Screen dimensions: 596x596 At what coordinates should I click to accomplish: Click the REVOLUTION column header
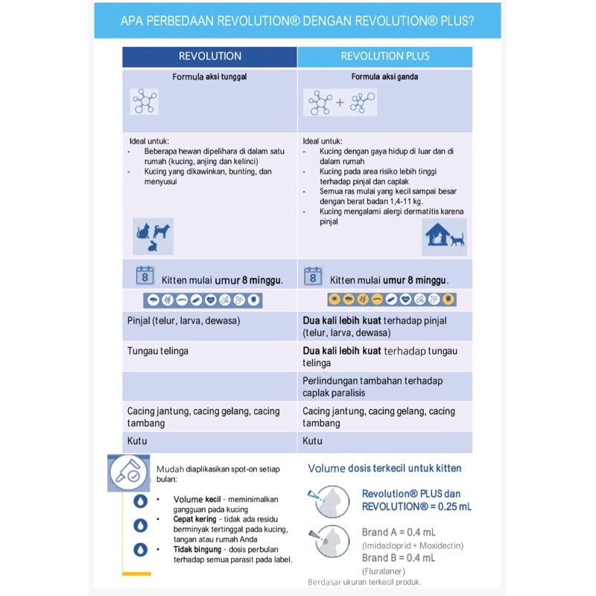point(210,56)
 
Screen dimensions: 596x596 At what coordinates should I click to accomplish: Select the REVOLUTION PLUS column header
point(385,56)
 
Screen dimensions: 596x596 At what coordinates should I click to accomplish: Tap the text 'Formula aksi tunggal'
point(209,77)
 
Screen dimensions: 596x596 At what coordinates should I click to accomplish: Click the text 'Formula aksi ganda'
point(384,77)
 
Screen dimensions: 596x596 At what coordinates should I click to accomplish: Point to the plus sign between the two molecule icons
point(340,102)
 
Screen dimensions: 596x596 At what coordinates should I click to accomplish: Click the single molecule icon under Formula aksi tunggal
point(144,101)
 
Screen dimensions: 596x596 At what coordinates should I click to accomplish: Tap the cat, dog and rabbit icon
point(153,235)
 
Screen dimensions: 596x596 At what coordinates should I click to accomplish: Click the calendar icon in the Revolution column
point(145,276)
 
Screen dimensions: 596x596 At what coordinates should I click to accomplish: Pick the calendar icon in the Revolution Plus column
point(313,276)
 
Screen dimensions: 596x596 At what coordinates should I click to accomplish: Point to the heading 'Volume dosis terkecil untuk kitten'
point(384,469)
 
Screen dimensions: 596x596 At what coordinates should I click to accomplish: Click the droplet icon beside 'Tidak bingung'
point(140,550)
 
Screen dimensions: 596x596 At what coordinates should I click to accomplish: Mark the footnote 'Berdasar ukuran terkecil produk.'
point(365,582)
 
